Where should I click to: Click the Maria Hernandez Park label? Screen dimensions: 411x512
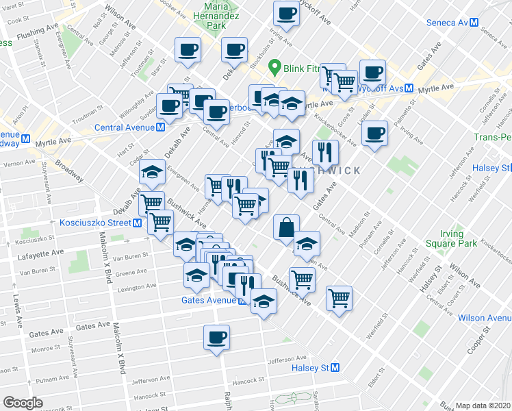[x=216, y=14]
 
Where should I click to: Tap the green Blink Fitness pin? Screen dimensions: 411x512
[x=275, y=67]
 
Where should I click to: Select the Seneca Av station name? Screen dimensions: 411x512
[x=446, y=22]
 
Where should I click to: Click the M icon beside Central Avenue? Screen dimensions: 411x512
[x=159, y=127]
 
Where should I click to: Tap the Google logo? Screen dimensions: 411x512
[x=23, y=403]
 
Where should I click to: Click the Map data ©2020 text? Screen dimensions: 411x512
[x=483, y=406]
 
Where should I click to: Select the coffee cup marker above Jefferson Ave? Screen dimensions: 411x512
[x=216, y=337]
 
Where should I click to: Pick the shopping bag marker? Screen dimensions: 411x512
[x=286, y=227]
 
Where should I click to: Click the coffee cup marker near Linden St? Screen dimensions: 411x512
[x=374, y=134]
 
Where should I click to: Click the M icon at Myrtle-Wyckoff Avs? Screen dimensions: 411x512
[x=408, y=88]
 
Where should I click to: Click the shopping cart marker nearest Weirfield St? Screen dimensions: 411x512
[x=340, y=298]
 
